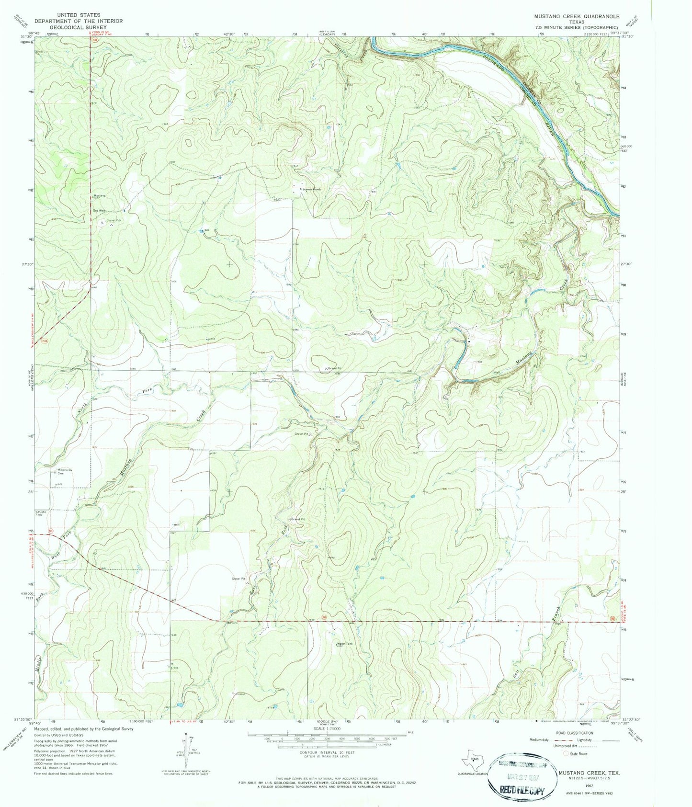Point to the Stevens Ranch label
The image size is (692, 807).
point(312,189)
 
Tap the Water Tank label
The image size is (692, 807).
point(345,644)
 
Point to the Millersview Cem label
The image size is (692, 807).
point(64,471)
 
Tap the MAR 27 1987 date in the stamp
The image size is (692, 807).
point(522,777)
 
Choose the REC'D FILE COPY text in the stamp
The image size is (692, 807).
point(522,791)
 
